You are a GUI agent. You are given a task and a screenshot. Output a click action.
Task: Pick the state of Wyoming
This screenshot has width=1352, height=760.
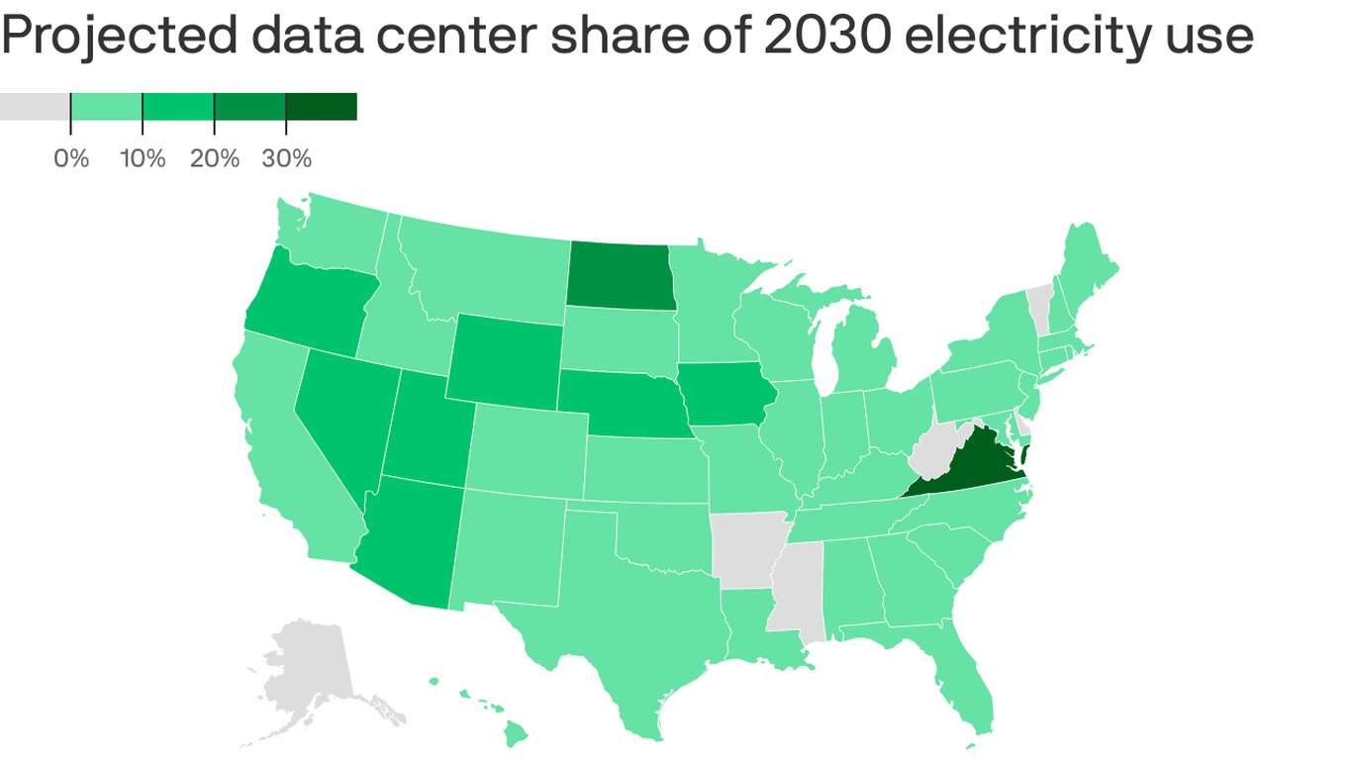505,362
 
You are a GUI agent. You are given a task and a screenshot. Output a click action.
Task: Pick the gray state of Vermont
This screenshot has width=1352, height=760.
1038,305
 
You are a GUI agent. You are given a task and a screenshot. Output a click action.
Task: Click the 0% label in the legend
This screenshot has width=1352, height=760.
71,158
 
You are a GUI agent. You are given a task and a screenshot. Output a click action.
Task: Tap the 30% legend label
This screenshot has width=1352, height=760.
287,158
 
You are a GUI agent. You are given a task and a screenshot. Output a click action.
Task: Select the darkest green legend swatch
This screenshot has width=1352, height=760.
321,107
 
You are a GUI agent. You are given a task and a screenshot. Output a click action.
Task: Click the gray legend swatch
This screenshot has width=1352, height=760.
35,107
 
